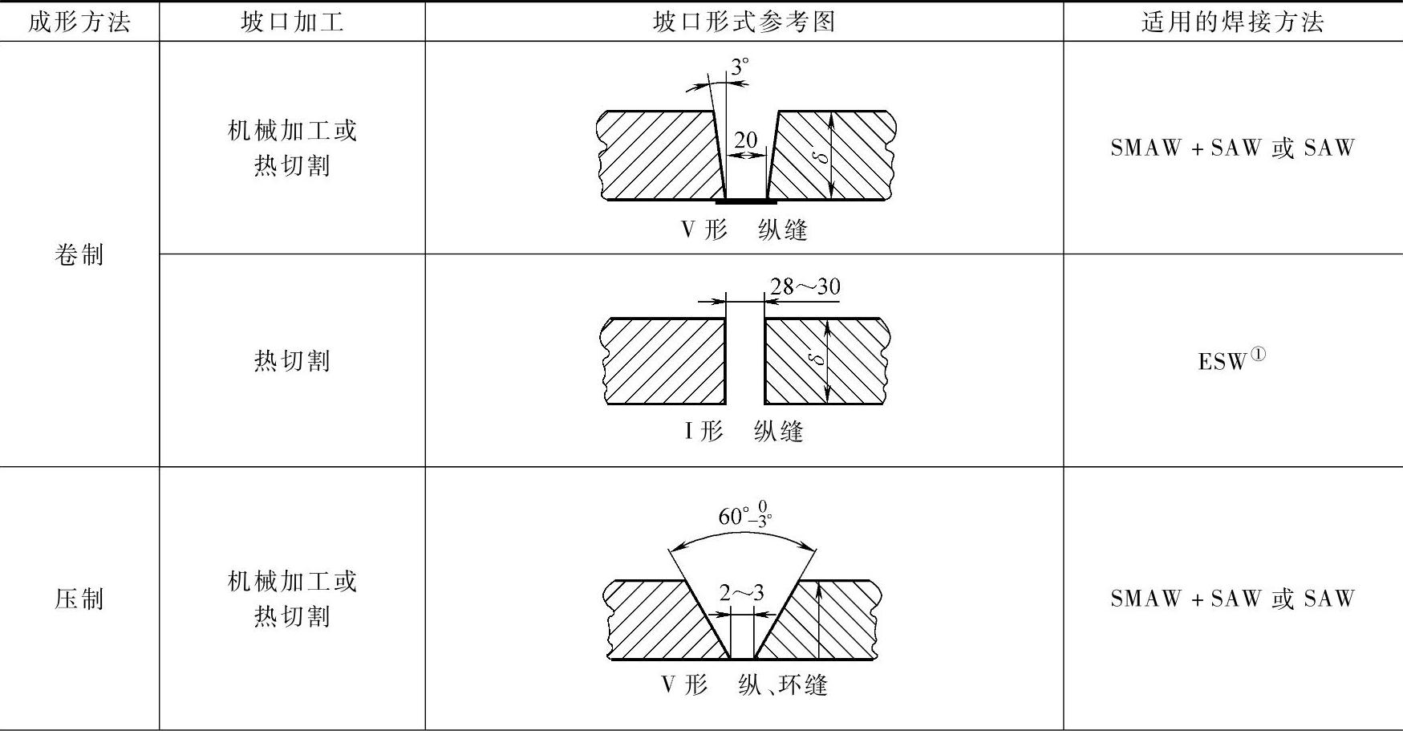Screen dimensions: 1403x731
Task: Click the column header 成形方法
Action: pyautogui.click(x=79, y=22)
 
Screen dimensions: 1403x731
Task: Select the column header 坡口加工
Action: pyautogui.click(x=292, y=22)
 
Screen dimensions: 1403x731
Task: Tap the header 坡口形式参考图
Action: pyautogui.click(x=744, y=22)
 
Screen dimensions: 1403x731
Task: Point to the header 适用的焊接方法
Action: pyautogui.click(x=1232, y=22)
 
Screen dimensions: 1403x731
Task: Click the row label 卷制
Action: pyautogui.click(x=79, y=255)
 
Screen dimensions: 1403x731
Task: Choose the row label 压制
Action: pyautogui.click(x=79, y=599)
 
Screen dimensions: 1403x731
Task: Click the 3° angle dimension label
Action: pyautogui.click(x=739, y=67)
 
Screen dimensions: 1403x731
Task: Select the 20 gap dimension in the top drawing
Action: pyautogui.click(x=745, y=140)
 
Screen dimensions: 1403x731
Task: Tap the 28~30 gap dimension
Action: pyautogui.click(x=805, y=286)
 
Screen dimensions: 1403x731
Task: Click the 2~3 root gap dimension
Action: pyautogui.click(x=741, y=593)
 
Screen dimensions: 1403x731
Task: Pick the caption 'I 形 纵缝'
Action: pyautogui.click(x=744, y=432)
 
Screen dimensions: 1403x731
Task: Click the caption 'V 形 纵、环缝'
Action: pyautogui.click(x=744, y=684)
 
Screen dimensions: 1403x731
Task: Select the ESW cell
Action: pyautogui.click(x=1223, y=361)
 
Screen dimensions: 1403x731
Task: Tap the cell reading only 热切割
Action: pyautogui.click(x=292, y=361)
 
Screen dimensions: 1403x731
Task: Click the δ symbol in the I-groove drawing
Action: pyautogui.click(x=817, y=358)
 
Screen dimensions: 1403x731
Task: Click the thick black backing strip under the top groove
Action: pyautogui.click(x=745, y=201)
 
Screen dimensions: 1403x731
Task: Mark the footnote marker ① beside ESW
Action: pyautogui.click(x=1258, y=353)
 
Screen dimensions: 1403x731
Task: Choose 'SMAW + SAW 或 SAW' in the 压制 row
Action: pyautogui.click(x=1232, y=599)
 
